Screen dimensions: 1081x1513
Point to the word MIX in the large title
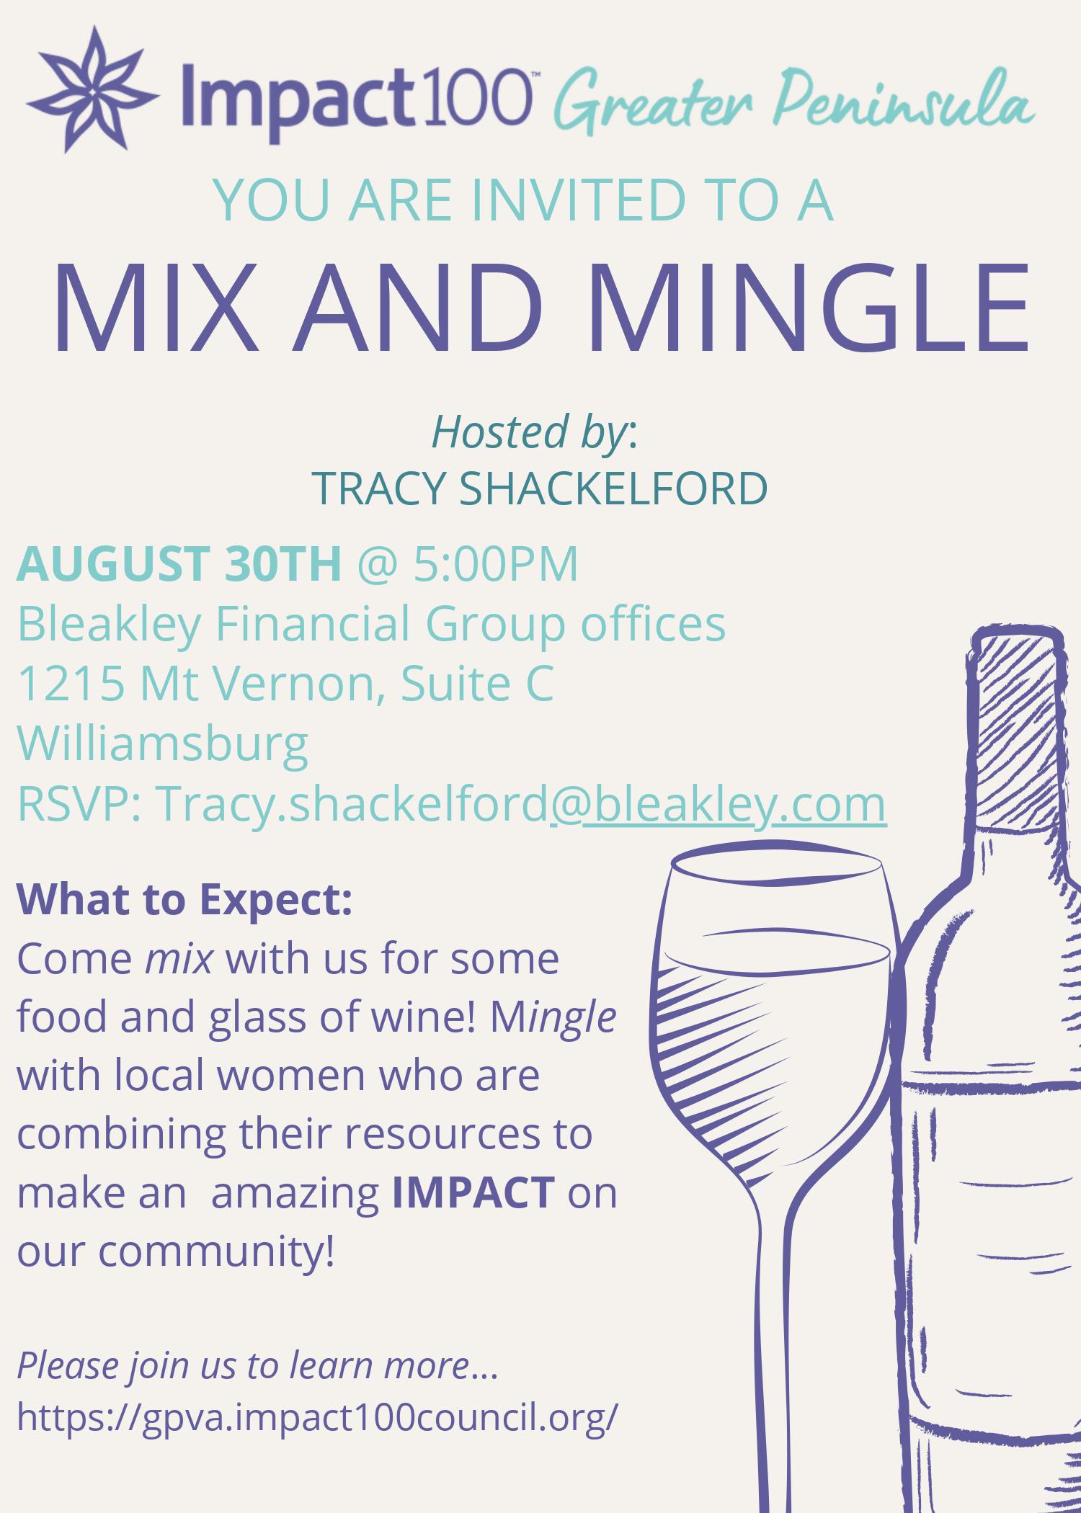pos(155,309)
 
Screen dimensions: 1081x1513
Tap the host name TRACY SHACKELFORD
pos(540,488)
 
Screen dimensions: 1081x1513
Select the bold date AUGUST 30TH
pos(179,563)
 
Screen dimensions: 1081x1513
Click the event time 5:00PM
pos(496,563)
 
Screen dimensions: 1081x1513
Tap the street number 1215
pos(71,683)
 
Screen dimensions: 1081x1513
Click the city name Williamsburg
pos(163,744)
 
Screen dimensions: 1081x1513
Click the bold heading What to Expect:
pos(184,900)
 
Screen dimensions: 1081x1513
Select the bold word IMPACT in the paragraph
pos(473,1192)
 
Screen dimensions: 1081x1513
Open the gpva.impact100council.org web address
pos(317,1416)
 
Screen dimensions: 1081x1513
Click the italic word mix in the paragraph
pos(179,960)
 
